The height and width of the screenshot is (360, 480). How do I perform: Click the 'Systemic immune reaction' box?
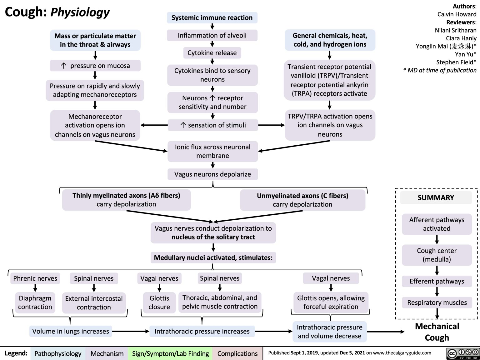212,18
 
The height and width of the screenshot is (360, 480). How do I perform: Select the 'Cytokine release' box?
212,53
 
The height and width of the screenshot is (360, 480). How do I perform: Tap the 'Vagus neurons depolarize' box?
212,174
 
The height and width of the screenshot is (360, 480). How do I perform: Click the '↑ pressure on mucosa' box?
95,66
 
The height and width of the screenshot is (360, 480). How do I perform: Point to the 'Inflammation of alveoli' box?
212,35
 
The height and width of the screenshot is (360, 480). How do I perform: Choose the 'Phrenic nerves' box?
35,278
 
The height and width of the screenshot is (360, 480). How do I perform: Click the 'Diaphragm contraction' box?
35,302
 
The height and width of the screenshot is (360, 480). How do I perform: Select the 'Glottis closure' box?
159,302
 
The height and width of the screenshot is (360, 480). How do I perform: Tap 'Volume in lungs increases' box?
71,331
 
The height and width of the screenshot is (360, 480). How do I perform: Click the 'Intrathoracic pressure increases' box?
202,331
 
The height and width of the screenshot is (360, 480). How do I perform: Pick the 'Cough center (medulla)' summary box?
437,255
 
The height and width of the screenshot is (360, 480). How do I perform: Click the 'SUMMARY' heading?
436,197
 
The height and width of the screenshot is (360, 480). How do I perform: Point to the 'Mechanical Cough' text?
437,332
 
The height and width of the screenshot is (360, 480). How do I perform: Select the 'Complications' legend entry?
237,353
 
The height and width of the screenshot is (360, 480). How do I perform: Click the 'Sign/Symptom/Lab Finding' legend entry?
170,353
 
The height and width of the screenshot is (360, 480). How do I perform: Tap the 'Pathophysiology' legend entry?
58,353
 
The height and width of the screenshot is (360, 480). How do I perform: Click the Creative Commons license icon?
463,353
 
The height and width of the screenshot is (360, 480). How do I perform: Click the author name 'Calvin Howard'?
457,14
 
